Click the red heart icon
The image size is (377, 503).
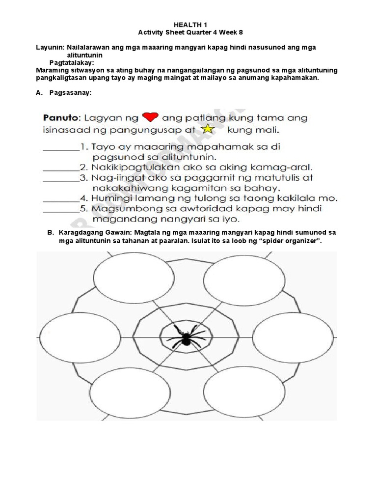pyautogui.click(x=150, y=117)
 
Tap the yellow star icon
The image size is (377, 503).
pyautogui.click(x=209, y=130)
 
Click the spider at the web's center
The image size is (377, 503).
pyautogui.click(x=185, y=337)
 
